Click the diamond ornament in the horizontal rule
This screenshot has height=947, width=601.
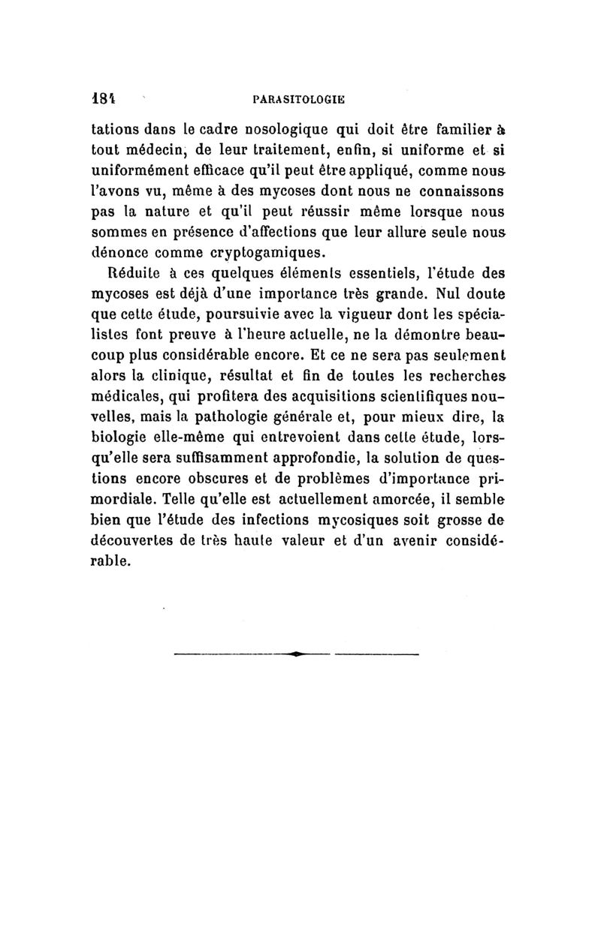(x=298, y=655)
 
